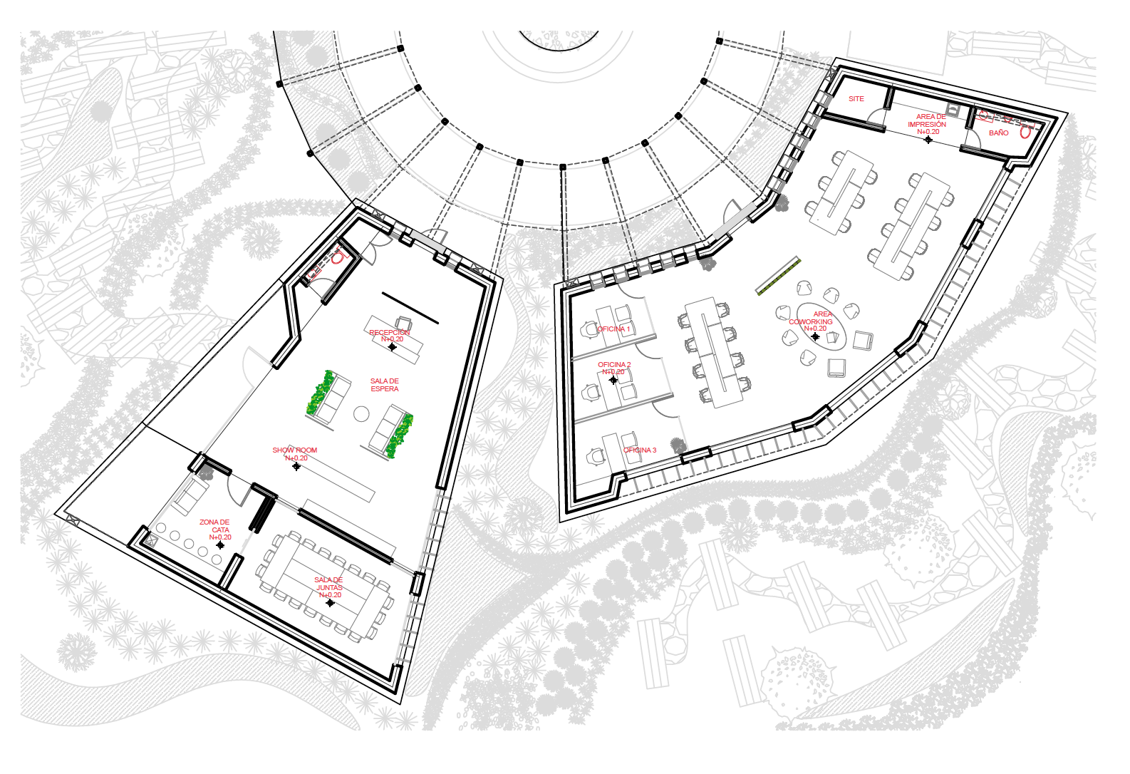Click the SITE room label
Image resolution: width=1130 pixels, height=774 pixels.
click(856, 99)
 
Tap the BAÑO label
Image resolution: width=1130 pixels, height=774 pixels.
click(998, 133)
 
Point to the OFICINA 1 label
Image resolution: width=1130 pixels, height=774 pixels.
click(613, 329)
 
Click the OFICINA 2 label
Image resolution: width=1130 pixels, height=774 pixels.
click(614, 365)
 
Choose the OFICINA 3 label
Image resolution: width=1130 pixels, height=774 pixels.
click(640, 450)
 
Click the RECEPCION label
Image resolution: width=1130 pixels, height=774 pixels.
click(390, 333)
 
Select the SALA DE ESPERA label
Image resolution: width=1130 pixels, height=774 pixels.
click(385, 385)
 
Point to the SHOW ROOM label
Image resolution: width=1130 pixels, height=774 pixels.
click(295, 450)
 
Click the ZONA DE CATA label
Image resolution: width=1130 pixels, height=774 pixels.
click(214, 526)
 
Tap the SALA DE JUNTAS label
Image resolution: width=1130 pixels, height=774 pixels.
click(328, 584)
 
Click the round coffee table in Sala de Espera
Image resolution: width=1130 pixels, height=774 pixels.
click(362, 413)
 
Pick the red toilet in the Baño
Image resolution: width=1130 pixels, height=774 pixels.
click(1025, 132)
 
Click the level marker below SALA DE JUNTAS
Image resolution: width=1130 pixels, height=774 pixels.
click(330, 603)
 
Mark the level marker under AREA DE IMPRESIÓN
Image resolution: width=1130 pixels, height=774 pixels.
click(928, 140)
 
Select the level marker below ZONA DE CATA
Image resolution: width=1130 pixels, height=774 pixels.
click(220, 545)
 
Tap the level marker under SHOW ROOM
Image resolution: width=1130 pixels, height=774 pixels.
click(296, 466)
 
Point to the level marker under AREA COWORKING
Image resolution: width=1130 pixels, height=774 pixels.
click(815, 336)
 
